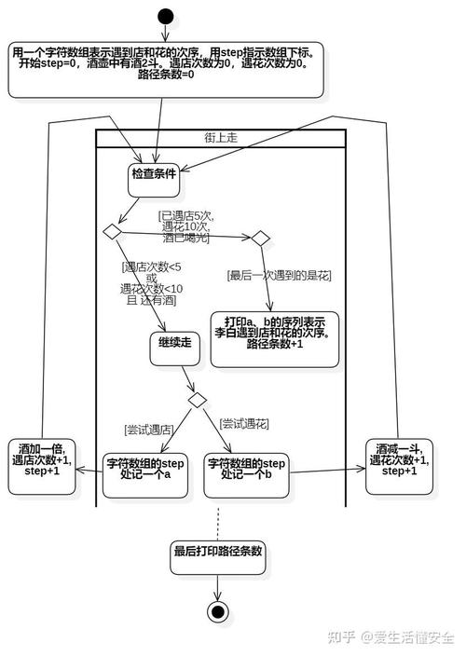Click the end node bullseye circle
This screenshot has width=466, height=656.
coord(218,611)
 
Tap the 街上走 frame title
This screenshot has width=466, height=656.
coord(221,137)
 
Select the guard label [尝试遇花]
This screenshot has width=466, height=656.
coord(244,423)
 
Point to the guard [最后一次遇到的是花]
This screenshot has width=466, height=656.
coord(280,275)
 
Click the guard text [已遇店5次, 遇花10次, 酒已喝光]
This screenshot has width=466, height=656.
coord(186,226)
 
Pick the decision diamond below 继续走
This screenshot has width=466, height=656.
coord(198,400)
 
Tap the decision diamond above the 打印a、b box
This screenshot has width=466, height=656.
coord(259,239)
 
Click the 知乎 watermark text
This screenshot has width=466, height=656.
coord(339,637)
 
